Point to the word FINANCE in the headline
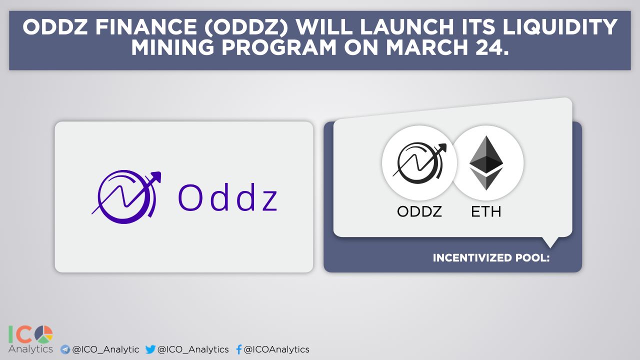(146, 27)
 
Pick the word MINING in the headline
(172, 47)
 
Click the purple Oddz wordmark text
(227, 197)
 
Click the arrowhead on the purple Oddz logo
(156, 176)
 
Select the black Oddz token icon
(419, 162)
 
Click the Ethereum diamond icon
(486, 163)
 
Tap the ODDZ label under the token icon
(419, 211)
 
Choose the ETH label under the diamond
(486, 211)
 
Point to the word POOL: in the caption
(532, 257)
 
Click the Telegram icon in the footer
(65, 349)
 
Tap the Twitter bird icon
(150, 349)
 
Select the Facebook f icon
(239, 349)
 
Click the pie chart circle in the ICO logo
(43, 334)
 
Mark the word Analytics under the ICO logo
(31, 349)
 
